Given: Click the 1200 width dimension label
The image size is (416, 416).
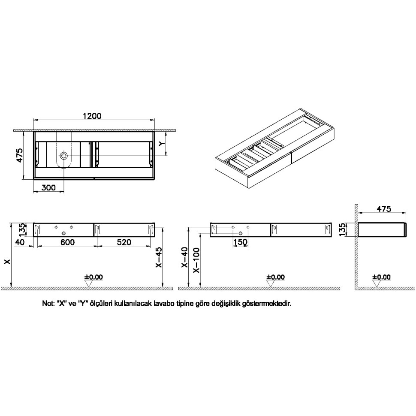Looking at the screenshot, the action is (x=92, y=116).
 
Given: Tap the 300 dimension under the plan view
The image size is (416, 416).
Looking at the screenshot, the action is (x=49, y=187).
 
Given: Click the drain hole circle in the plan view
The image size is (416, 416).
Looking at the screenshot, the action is (x=63, y=156).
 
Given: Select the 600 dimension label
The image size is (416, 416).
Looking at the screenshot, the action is (x=68, y=242).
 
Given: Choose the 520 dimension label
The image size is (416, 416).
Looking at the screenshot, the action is (x=124, y=242).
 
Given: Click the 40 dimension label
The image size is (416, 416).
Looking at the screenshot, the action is (x=20, y=242).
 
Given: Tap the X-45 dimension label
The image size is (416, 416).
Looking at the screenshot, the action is (x=158, y=258).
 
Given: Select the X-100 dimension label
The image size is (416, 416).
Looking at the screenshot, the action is (x=196, y=260).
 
